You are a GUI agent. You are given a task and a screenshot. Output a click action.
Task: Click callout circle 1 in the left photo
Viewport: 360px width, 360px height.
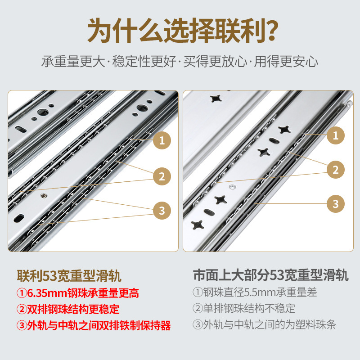[162, 140]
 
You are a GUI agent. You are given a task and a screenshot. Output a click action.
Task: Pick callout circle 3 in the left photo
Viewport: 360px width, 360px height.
[162, 210]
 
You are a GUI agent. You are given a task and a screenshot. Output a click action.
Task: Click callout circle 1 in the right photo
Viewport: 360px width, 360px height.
[335, 135]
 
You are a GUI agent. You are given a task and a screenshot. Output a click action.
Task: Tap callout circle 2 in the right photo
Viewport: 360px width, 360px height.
[335, 169]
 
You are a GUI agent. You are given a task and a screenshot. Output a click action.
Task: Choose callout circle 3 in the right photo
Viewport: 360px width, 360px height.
[335, 203]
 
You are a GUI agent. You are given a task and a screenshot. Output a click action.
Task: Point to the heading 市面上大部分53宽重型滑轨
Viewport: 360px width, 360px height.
[270, 275]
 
